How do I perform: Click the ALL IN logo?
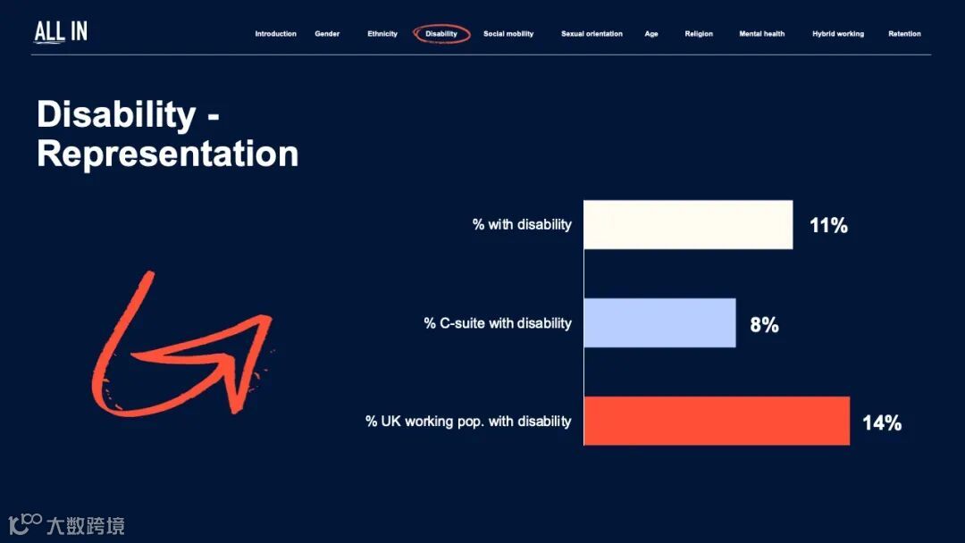61,32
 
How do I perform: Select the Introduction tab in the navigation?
276,34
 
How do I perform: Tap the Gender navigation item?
327,34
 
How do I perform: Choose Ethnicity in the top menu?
382,34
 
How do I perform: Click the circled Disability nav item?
441,34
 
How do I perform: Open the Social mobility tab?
508,34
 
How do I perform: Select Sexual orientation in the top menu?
592,34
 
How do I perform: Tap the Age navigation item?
651,34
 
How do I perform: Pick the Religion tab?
699,34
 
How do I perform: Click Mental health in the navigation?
762,34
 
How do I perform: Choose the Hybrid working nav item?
837,34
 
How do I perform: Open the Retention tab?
904,34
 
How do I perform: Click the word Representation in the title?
167,154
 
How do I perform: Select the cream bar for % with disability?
688,224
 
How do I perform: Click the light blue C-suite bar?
659,322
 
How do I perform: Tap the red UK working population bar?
717,421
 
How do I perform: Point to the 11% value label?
828,226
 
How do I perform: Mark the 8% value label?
764,325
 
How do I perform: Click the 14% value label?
882,423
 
